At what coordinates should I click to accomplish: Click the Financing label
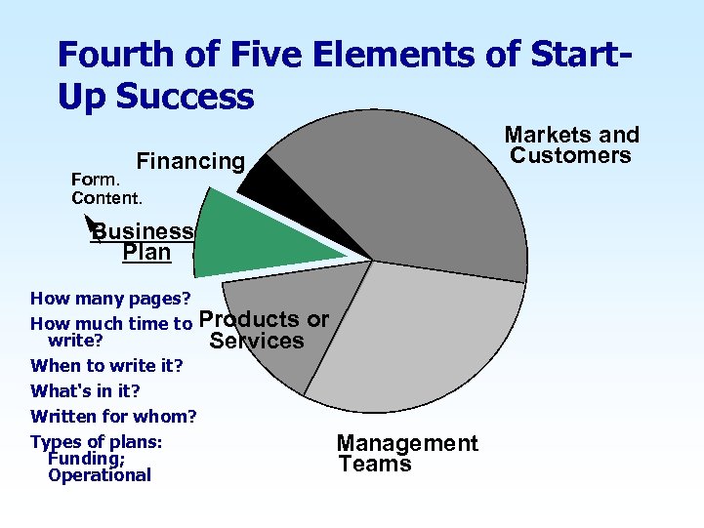point(190,161)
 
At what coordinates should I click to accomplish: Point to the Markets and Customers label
point(571,145)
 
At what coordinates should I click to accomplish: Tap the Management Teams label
point(407,454)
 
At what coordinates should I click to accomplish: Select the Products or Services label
point(264,330)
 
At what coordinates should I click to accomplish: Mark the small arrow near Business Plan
point(91,223)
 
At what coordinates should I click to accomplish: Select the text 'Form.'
point(96,180)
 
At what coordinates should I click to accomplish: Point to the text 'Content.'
point(106,197)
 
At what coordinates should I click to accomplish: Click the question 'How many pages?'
point(110,298)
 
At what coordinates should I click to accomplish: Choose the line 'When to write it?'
point(107,366)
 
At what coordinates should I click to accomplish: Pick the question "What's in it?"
point(85,391)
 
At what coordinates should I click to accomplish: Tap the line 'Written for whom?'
point(113,417)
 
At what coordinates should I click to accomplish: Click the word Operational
point(99,475)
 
